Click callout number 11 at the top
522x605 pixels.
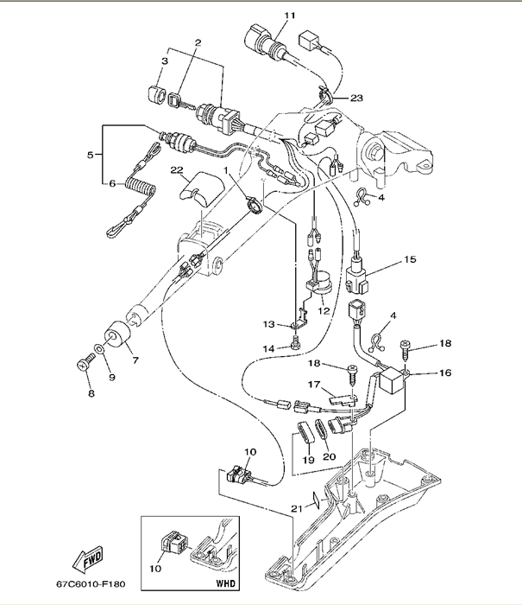(289, 16)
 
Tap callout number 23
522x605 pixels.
(356, 98)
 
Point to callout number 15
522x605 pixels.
(410, 258)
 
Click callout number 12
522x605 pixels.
(324, 311)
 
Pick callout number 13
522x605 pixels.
(269, 325)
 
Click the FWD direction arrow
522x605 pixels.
(89, 563)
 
